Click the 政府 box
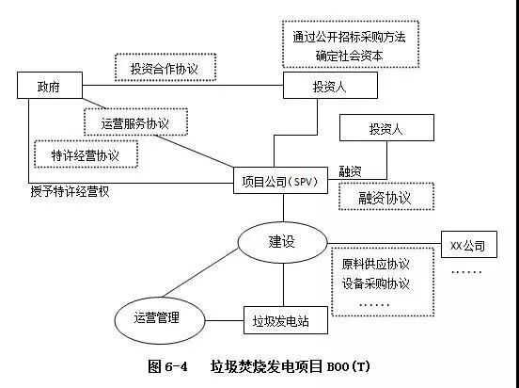tap(48, 88)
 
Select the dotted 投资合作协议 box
tap(165, 67)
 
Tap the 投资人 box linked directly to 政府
tap(330, 88)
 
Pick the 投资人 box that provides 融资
tap(386, 128)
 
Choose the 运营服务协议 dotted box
tap(135, 121)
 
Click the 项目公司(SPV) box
tap(280, 181)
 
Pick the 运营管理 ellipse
tap(158, 318)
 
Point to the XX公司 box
tap(467, 247)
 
